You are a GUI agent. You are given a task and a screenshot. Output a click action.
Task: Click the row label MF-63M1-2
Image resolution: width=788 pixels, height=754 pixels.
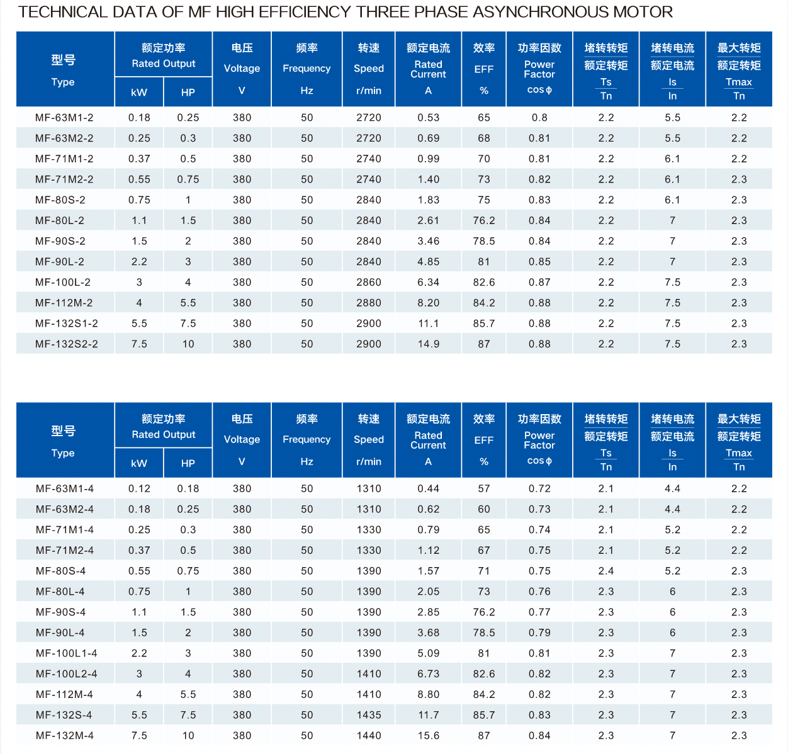click(x=64, y=118)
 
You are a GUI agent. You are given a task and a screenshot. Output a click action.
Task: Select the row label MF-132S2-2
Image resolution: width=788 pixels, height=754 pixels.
click(x=67, y=344)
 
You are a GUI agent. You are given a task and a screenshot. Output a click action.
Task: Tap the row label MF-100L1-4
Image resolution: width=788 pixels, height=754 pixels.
click(x=67, y=653)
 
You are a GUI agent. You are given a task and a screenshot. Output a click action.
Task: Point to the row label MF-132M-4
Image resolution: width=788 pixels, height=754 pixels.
click(x=65, y=736)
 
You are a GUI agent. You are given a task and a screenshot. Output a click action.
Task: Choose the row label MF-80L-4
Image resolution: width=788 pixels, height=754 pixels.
click(x=60, y=592)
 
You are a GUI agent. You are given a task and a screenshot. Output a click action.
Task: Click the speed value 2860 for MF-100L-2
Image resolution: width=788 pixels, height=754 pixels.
click(x=369, y=283)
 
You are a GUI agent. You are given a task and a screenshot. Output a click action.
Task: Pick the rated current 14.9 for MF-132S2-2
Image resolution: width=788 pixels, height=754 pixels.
click(x=429, y=344)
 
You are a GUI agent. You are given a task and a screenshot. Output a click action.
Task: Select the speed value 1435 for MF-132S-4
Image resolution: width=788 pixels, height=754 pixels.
click(x=369, y=715)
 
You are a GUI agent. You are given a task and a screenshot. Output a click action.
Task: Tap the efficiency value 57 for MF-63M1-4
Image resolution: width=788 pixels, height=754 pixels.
click(x=484, y=488)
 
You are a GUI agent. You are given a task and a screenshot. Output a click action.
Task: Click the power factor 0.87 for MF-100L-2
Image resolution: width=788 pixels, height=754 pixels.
click(x=539, y=283)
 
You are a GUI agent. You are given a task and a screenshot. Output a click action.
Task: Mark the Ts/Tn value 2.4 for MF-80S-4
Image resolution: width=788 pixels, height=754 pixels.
click(x=606, y=571)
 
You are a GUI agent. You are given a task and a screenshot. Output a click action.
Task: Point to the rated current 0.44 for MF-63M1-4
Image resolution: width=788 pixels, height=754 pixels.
click(x=429, y=488)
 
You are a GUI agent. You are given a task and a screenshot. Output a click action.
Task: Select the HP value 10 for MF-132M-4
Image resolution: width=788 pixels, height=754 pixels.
click(x=188, y=736)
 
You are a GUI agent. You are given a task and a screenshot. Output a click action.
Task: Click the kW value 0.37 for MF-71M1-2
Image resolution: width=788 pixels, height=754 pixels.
click(x=139, y=159)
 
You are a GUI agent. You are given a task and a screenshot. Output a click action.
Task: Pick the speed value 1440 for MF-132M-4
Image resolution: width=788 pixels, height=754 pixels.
click(x=369, y=736)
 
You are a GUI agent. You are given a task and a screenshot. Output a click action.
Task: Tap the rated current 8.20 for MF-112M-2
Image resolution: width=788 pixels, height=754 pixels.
click(x=429, y=303)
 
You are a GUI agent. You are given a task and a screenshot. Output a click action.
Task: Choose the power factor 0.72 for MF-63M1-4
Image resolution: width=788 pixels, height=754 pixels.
click(x=539, y=488)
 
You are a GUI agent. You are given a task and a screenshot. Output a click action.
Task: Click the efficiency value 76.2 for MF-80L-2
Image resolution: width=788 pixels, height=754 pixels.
click(x=484, y=221)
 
